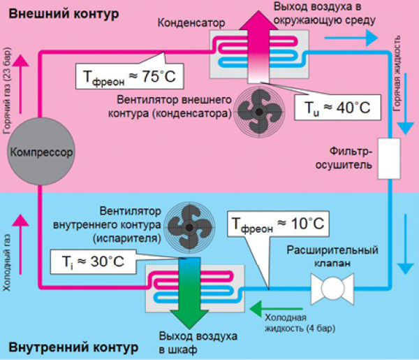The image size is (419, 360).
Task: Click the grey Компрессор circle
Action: (x=40, y=150)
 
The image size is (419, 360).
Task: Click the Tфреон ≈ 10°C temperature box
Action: (x=279, y=225)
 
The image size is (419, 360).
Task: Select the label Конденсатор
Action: (x=191, y=23)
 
